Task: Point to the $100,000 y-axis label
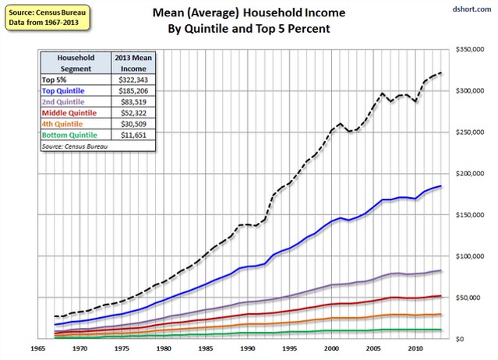pyautogui.click(x=475, y=256)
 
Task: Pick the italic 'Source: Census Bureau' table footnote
pyautogui.click(x=76, y=145)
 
